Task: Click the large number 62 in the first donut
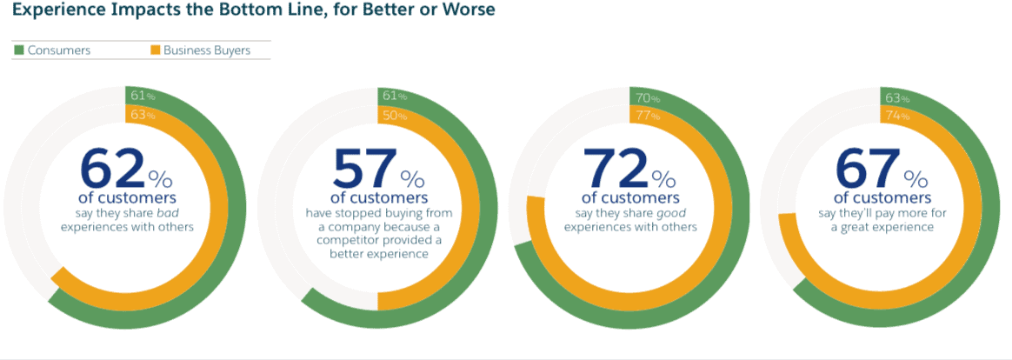coord(110,169)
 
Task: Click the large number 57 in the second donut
coord(363,169)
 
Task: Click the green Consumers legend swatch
coord(18,50)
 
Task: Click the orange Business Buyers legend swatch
coord(155,50)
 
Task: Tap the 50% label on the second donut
coord(392,116)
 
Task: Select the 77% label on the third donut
coord(644,116)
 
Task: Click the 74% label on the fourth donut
coord(896,116)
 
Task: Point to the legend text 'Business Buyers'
coord(207,50)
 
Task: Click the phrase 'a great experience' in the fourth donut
coord(882,227)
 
